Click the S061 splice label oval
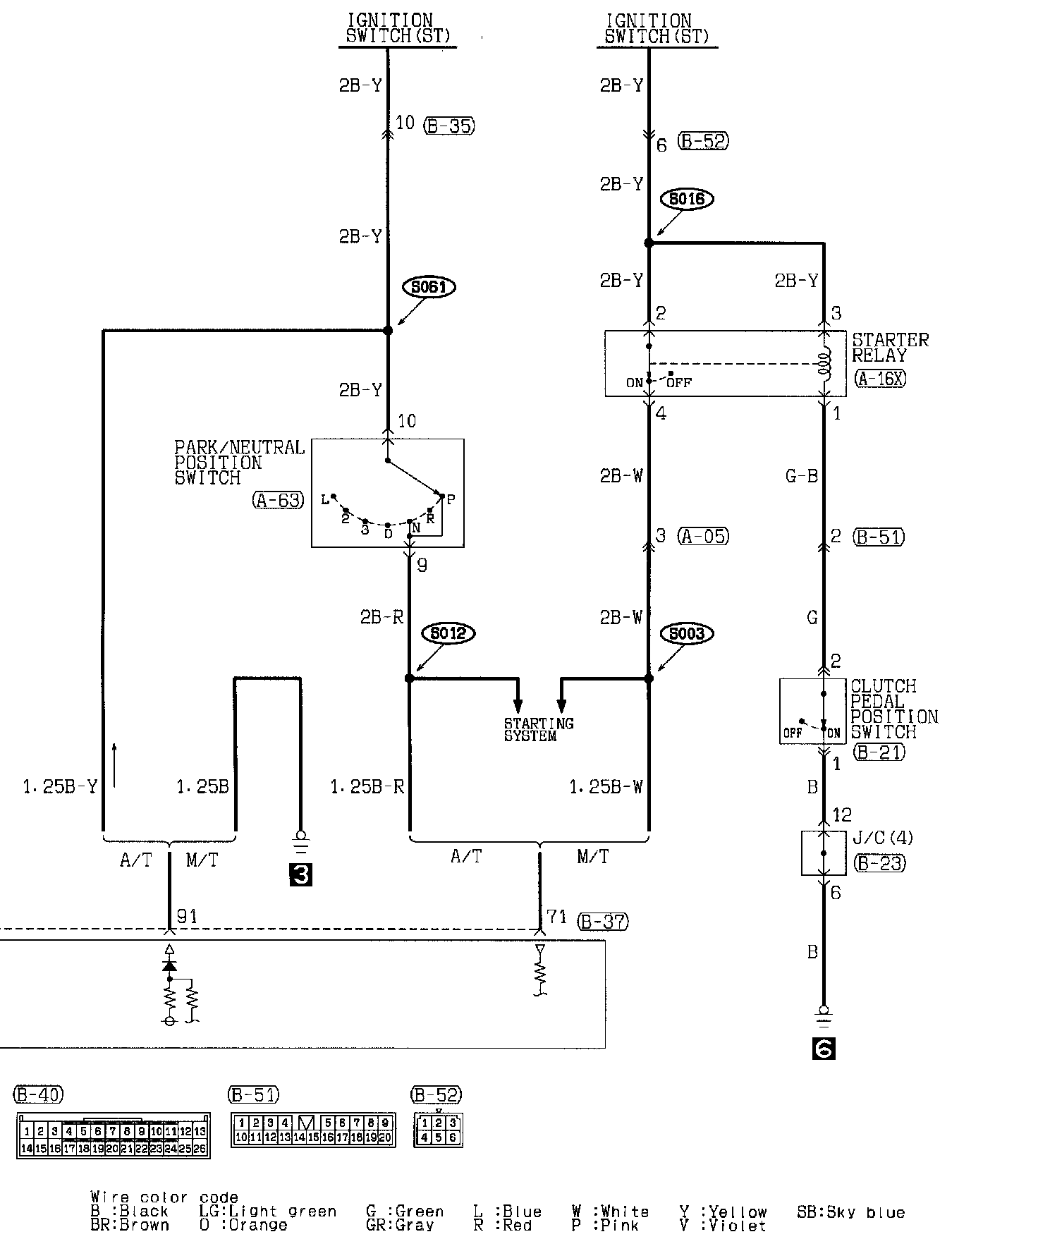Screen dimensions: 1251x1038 [429, 287]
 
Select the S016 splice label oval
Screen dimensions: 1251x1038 [687, 199]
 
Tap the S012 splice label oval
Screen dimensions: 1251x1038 [448, 633]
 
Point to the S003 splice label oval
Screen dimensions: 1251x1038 [687, 633]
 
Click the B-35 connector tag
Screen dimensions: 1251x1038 [449, 126]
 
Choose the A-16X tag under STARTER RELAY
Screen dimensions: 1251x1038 [880, 379]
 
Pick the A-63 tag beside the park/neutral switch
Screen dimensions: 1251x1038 [279, 500]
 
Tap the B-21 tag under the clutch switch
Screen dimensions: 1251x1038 [879, 752]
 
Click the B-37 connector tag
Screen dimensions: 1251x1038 [602, 921]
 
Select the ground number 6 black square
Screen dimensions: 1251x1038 [824, 1049]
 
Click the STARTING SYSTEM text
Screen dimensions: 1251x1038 [539, 729]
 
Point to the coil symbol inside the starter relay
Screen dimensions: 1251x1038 [824, 364]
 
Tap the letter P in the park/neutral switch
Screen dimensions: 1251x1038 [451, 499]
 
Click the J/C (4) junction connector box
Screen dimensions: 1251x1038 [824, 853]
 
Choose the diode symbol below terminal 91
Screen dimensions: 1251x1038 [169, 965]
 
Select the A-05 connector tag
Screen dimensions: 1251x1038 [704, 536]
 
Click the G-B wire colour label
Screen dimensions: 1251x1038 [801, 477]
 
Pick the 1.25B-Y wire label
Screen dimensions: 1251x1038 [60, 787]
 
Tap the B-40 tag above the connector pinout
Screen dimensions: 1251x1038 [39, 1094]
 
